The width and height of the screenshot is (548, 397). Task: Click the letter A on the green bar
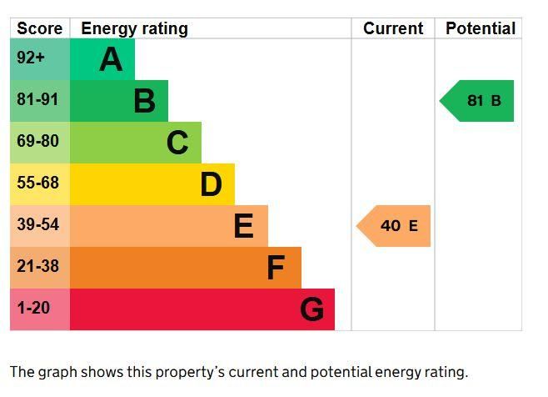coord(111,59)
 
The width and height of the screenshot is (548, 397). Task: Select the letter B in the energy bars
coord(144,101)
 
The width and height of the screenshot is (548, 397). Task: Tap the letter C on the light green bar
coord(177,143)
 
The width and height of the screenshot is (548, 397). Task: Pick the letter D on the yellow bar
coord(211,184)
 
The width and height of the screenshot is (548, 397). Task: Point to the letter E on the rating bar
coord(243,226)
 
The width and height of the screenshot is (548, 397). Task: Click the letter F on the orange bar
coord(276,268)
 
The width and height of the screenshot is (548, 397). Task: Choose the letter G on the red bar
coord(311,309)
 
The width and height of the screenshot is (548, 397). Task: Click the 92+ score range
coord(31,58)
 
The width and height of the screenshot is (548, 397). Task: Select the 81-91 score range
coord(37,100)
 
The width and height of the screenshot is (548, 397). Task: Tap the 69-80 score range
coord(37,142)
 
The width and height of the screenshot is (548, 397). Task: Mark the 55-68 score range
coord(37,183)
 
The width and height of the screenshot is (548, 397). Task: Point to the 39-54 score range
coord(37,224)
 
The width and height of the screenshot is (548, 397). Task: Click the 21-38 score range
coord(37,266)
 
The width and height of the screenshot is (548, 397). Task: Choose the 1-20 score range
coord(33,308)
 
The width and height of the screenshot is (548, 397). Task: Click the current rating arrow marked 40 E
coord(396,226)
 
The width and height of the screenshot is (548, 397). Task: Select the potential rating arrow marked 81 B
coord(480,101)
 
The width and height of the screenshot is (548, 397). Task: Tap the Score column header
coord(40,28)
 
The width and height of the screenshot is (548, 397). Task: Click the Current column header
coord(393,28)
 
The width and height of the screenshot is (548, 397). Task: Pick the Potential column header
coord(481,28)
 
